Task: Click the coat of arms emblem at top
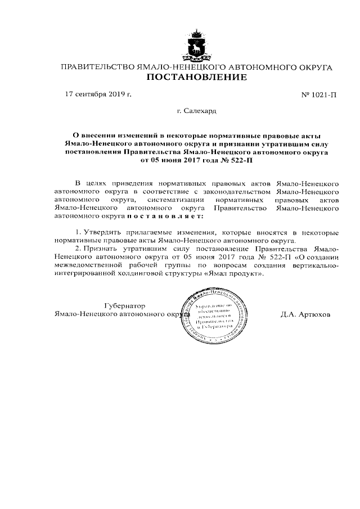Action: pyautogui.click(x=196, y=46)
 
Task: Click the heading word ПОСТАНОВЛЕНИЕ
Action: pyautogui.click(x=196, y=77)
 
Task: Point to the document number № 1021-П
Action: pyautogui.click(x=319, y=94)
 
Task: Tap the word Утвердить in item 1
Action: pyautogui.click(x=104, y=232)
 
